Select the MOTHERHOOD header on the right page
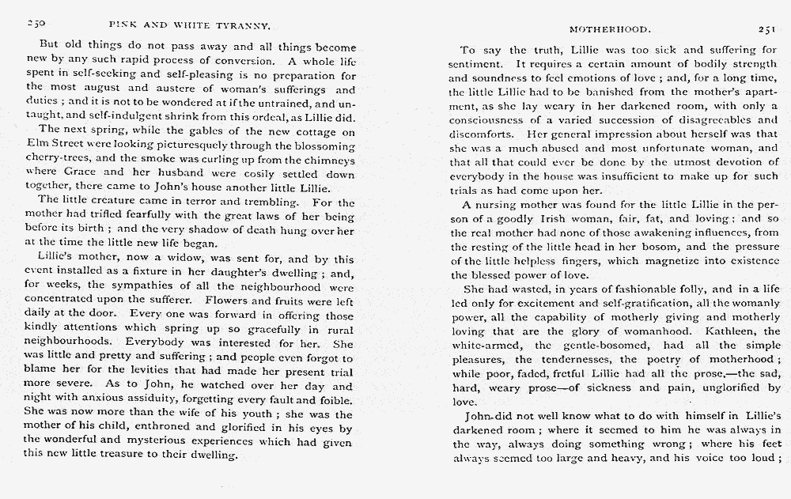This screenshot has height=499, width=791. pyautogui.click(x=610, y=29)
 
